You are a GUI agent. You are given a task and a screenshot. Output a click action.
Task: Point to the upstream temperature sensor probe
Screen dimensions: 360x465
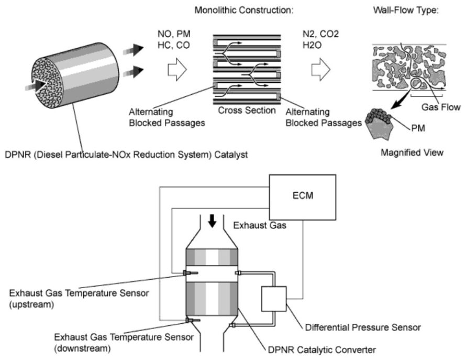(187, 272)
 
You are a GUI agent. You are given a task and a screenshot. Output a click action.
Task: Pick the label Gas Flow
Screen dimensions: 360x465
(441, 107)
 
